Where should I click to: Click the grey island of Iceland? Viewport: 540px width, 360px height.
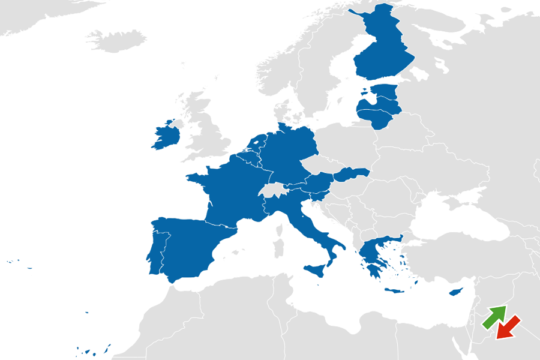(117, 39)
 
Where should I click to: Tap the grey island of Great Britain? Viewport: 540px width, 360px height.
(207, 129)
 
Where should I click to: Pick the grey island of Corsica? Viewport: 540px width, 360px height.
(279, 226)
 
